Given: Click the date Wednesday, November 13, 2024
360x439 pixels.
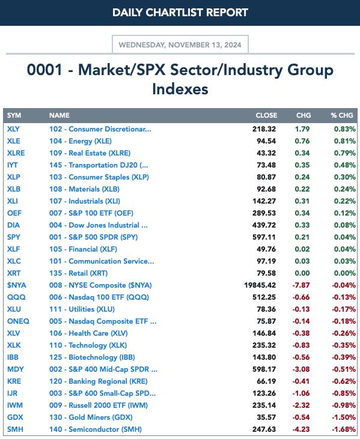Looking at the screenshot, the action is click(x=180, y=45).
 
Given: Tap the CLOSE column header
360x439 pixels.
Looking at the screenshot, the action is click(x=266, y=115).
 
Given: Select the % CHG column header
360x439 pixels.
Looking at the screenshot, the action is click(x=342, y=115).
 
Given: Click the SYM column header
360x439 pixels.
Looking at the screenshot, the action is click(x=14, y=115).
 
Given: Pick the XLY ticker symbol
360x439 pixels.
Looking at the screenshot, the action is click(x=13, y=129).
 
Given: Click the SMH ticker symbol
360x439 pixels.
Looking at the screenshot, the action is click(x=15, y=429).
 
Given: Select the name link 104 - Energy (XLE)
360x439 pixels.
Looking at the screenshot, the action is click(x=81, y=141).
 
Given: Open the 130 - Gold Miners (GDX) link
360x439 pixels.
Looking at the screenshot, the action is click(x=91, y=417).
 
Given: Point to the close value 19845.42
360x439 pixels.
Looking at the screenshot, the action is click(x=260, y=285).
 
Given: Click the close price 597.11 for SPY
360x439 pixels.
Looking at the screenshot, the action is click(x=264, y=237).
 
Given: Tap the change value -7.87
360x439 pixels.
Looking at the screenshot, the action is click(x=301, y=285).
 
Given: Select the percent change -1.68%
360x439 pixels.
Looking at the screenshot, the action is click(x=344, y=429).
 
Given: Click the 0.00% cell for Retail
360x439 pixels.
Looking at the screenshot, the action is click(x=345, y=273).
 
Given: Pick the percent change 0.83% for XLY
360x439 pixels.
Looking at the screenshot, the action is click(x=345, y=129).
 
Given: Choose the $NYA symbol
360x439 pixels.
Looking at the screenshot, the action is click(x=17, y=285).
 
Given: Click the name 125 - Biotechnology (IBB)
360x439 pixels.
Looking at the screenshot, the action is click(x=92, y=357).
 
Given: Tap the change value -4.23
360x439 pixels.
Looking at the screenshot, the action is click(x=301, y=429).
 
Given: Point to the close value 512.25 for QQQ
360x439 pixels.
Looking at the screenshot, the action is click(x=264, y=297).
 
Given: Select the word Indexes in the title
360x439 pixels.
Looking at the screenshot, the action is click(x=180, y=89).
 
